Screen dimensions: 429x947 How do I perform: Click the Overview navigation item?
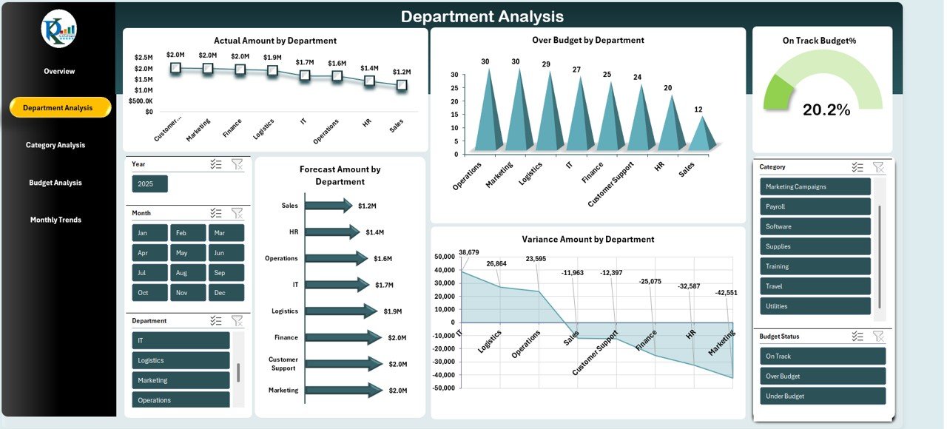tap(59, 71)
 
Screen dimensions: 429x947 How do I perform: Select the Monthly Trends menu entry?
tap(55, 220)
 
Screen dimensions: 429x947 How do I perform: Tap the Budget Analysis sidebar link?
tap(55, 183)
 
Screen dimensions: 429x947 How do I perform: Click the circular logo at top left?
tap(59, 29)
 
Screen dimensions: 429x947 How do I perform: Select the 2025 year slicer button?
tap(149, 183)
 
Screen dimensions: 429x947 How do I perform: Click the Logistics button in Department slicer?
tap(181, 360)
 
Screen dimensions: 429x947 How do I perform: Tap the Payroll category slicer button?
tap(815, 206)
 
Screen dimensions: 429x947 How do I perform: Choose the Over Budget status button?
tap(822, 376)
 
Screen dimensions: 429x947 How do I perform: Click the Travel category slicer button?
tap(815, 286)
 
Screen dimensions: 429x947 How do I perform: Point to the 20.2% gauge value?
tap(826, 110)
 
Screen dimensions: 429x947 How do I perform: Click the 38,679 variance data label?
tap(468, 252)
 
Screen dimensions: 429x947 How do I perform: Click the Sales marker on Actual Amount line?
tap(401, 85)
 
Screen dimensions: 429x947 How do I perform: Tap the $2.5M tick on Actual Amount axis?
tap(144, 57)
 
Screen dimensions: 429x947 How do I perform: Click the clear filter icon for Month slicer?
tap(237, 213)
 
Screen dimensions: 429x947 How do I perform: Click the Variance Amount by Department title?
tap(587, 239)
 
